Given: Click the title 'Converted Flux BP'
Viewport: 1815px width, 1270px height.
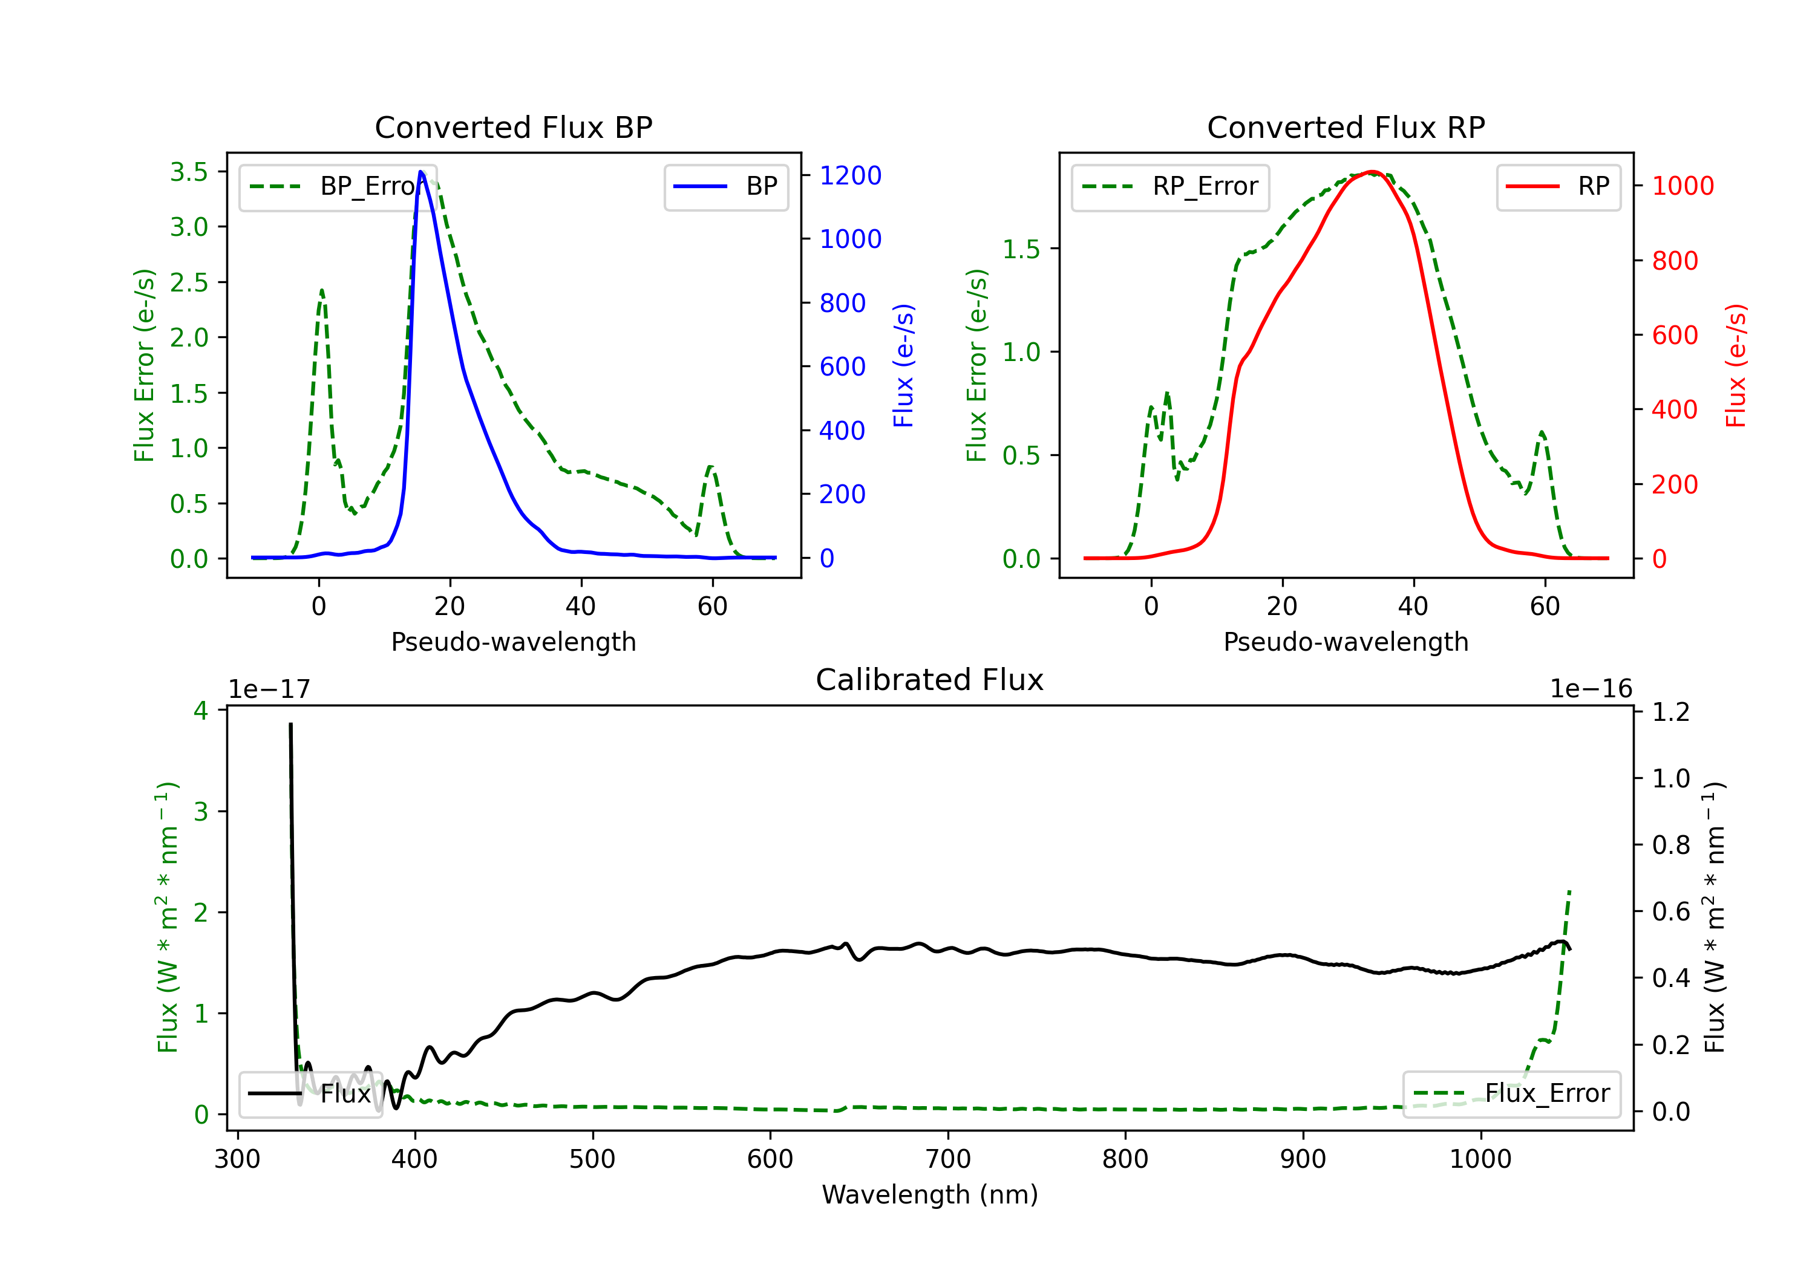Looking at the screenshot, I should pos(513,127).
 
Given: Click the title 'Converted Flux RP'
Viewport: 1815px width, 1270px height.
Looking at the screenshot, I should pos(1346,127).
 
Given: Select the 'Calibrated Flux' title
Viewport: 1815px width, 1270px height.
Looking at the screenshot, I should pos(930,680).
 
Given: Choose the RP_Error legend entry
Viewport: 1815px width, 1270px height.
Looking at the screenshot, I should pos(1171,186).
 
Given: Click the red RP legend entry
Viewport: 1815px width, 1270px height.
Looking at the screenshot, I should pos(1558,186).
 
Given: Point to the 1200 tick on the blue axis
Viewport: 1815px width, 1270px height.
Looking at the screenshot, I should pos(850,175).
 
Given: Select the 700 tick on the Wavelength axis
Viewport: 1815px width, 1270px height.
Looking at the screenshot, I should pos(947,1159).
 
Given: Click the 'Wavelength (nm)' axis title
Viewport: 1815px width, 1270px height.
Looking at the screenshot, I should pos(930,1194).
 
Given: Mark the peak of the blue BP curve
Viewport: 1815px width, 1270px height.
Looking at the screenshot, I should pos(421,172).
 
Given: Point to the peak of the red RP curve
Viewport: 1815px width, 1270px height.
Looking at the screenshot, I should pos(1372,172).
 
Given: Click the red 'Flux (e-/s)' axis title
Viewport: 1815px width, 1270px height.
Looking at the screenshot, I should pos(1735,365).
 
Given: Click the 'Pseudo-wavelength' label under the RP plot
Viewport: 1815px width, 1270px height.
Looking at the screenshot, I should pos(1346,641).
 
